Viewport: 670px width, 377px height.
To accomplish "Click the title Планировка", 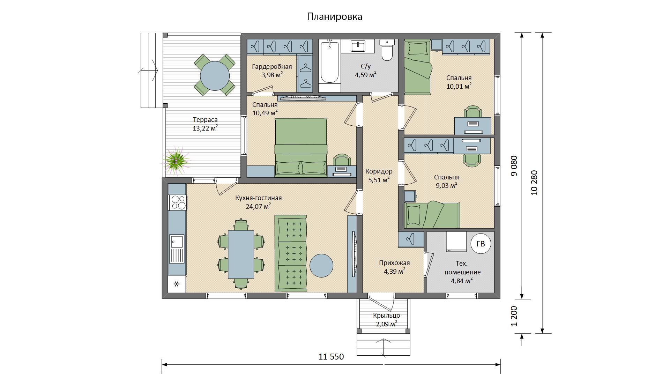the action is [335, 17].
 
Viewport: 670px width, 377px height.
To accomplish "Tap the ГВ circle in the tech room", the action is [481, 244].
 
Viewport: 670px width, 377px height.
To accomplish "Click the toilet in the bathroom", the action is [387, 50].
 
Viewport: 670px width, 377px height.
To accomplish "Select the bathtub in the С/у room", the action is [329, 61].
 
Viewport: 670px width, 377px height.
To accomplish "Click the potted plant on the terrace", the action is [177, 160].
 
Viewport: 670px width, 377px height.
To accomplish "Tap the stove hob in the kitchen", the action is [178, 202].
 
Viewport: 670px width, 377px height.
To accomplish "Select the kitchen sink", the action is [177, 249].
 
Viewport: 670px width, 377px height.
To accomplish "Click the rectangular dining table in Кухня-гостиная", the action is [241, 254].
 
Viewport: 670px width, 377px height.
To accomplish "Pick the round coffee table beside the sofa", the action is [321, 265].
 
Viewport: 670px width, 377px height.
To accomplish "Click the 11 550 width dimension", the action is [331, 357].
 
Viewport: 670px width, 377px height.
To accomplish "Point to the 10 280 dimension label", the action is [534, 183].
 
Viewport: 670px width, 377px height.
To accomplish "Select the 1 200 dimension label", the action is [514, 316].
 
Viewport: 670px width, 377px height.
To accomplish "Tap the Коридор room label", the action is [379, 171].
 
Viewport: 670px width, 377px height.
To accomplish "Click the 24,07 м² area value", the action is [259, 206].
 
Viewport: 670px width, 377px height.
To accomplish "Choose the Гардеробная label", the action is [272, 67].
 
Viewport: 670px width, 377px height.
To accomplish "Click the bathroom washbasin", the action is [358, 46].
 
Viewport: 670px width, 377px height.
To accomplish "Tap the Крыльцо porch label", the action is [387, 316].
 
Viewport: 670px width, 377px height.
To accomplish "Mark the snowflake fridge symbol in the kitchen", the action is [177, 284].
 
